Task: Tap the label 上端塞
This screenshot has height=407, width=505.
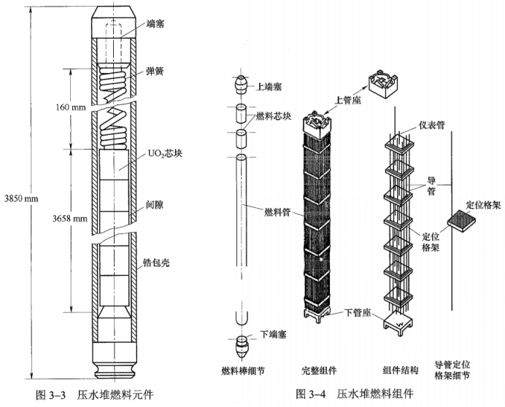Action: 269,86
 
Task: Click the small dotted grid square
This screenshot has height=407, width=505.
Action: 463,221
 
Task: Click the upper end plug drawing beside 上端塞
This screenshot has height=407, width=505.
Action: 242,85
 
